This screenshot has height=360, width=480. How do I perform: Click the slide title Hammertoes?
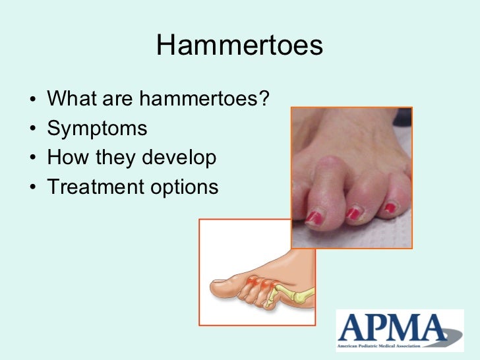[x=240, y=45]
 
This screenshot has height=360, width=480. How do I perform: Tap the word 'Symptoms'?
[x=97, y=129]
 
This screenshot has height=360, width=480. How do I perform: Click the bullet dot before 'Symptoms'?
[x=33, y=129]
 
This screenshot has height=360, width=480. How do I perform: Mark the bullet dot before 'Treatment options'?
[x=33, y=188]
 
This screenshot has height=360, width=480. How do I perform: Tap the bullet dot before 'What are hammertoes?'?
[x=33, y=100]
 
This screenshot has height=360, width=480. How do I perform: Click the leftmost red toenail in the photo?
[x=314, y=217]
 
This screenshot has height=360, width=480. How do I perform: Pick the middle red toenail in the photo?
[x=355, y=212]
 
